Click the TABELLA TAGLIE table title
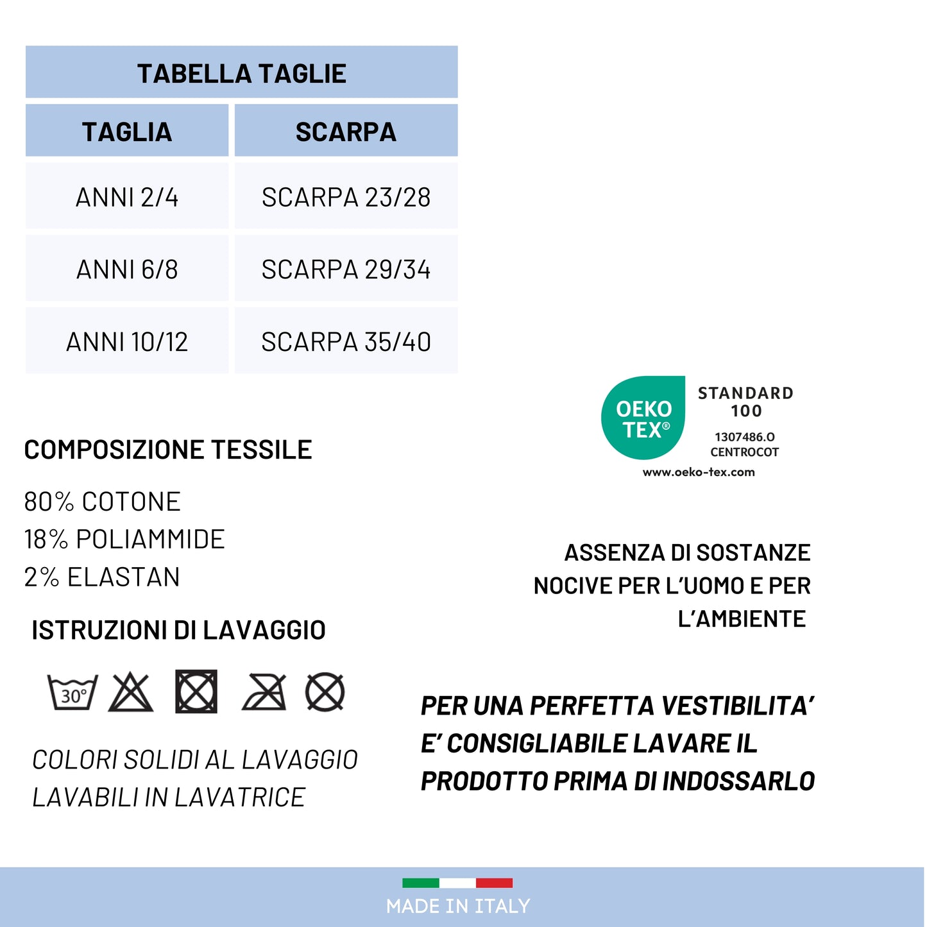click(x=242, y=74)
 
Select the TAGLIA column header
click(x=127, y=132)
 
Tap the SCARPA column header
click(x=346, y=132)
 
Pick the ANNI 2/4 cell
click(x=127, y=197)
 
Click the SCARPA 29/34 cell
click(x=346, y=269)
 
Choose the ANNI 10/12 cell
click(x=127, y=342)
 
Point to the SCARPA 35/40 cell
click(x=346, y=342)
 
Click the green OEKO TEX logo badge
click(x=643, y=418)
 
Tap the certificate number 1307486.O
click(x=744, y=437)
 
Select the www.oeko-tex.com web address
click(x=699, y=472)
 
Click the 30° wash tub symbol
click(x=73, y=693)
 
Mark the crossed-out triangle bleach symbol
click(x=131, y=693)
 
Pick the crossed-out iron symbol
click(x=264, y=693)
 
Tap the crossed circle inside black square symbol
click(x=196, y=692)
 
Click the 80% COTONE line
click(x=103, y=502)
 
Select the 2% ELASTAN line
click(x=102, y=577)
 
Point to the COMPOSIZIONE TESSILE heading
click(x=168, y=450)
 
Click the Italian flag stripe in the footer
click(x=457, y=883)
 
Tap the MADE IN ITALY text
click(x=458, y=906)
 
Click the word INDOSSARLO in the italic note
click(x=738, y=781)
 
